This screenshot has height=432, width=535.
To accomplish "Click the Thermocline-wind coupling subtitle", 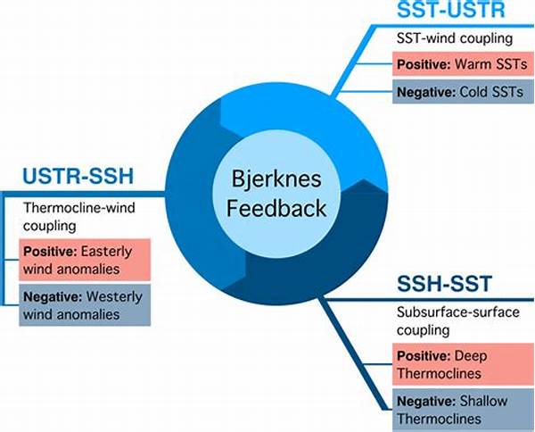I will pos(78,216).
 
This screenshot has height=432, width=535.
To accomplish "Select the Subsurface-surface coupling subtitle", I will pos(451,322).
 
